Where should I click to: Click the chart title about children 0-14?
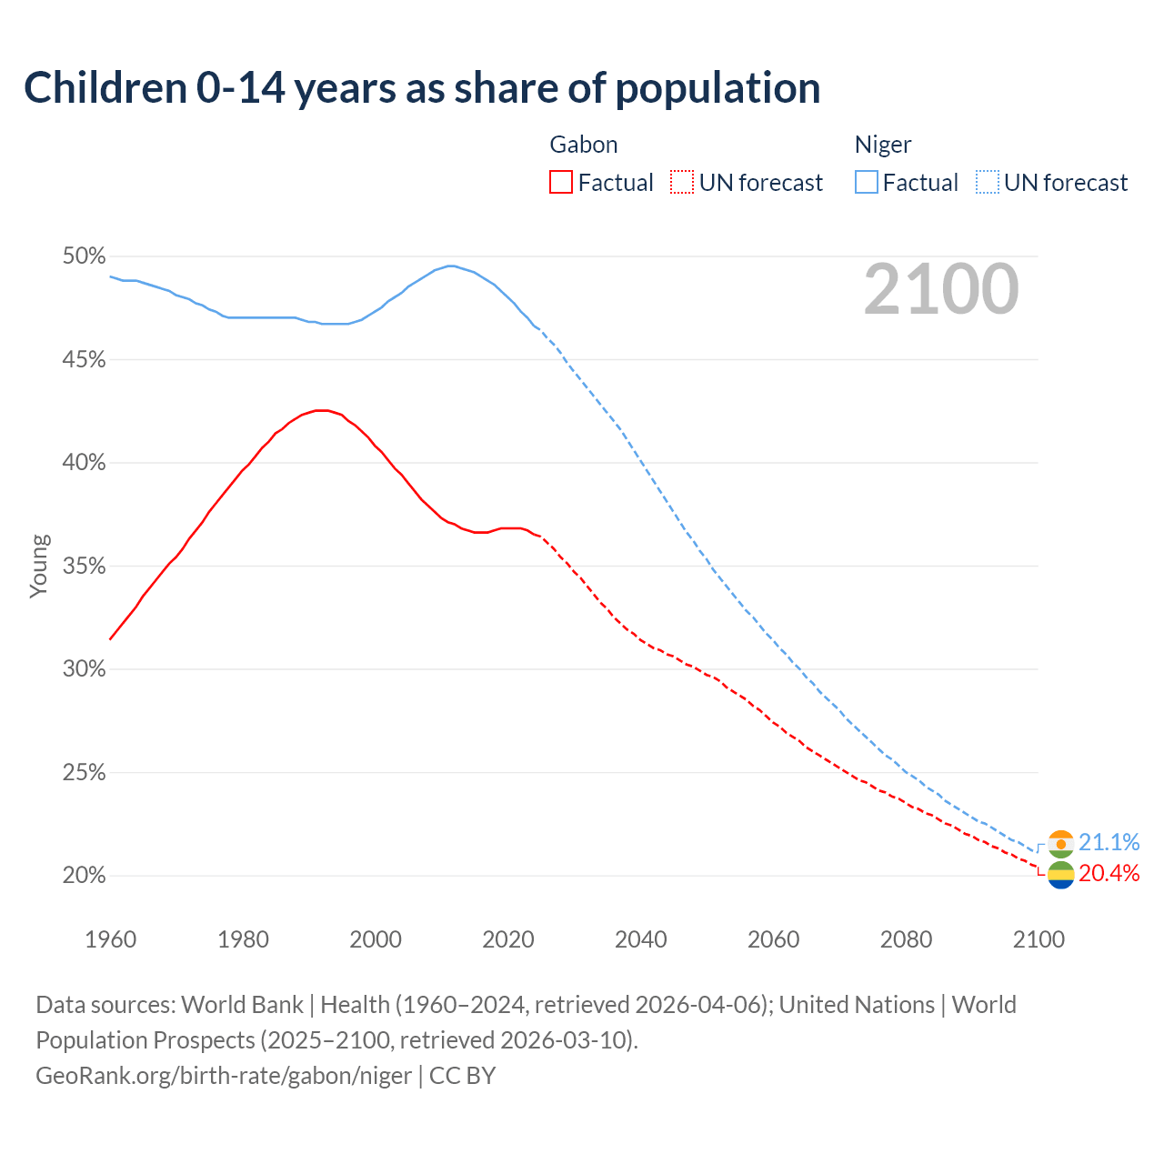(422, 88)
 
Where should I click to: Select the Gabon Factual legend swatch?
(561, 183)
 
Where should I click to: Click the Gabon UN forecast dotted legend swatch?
(682, 183)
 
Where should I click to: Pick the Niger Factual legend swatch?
(867, 183)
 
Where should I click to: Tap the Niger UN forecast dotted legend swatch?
(988, 183)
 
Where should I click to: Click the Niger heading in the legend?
(882, 145)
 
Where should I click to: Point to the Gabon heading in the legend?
(584, 145)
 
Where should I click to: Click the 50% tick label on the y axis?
(84, 256)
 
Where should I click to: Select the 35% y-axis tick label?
(84, 567)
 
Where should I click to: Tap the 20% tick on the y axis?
(84, 876)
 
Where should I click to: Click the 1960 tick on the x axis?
(110, 939)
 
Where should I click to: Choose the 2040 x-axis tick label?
(640, 939)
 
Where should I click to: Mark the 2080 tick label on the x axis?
(906, 939)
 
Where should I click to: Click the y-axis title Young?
(39, 566)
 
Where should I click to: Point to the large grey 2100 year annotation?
(940, 289)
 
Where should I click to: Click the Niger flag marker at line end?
(1060, 844)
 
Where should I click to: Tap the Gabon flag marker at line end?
(1060, 875)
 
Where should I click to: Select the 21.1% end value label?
(1109, 842)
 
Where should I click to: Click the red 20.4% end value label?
(1109, 874)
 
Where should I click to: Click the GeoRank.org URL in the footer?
(224, 1076)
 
